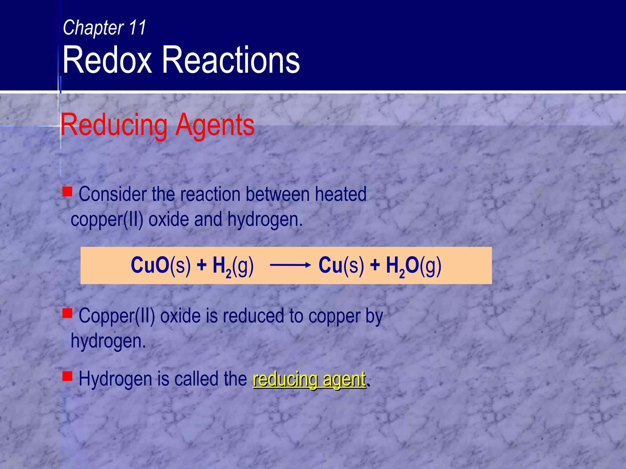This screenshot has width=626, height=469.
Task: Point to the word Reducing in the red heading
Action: coord(114,125)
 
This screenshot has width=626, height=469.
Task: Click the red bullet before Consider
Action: coord(67,192)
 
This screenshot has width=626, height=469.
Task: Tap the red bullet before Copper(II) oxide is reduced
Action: coord(67,313)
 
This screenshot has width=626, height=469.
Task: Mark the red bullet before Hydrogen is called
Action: coord(67,376)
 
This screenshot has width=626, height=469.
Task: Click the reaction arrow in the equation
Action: coord(290,265)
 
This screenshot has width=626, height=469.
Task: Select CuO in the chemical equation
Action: coord(150,265)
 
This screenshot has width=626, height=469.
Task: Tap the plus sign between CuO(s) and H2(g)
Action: coord(202,265)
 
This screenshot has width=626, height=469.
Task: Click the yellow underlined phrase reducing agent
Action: coord(309,379)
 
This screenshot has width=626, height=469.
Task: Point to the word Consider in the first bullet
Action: coord(112,194)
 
